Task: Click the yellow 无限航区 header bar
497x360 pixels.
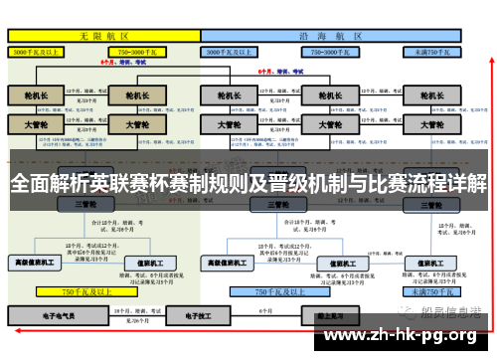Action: coord(102,35)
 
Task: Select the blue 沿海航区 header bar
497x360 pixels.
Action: coord(333,35)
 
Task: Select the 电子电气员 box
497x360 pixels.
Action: coord(57,315)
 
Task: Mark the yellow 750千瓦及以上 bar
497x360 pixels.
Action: coord(84,292)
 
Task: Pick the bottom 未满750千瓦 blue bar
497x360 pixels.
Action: coord(430,292)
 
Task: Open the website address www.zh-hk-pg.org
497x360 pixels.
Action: coord(402,336)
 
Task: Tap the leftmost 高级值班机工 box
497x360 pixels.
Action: coord(34,263)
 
